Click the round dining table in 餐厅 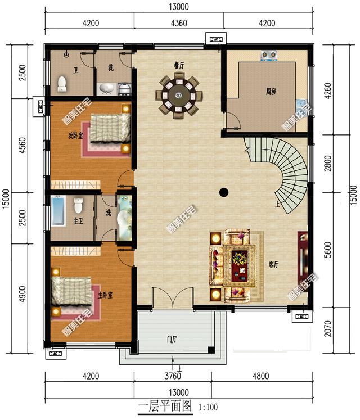click(x=179, y=96)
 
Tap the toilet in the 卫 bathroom click(x=62, y=84)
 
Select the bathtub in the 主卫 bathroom click(x=58, y=211)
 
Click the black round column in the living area click(x=224, y=192)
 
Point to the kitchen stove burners click(x=269, y=56)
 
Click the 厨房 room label click(x=271, y=92)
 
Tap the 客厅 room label click(x=273, y=265)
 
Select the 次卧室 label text click(x=75, y=136)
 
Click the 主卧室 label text click(x=105, y=295)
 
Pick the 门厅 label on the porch click(x=172, y=340)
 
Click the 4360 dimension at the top click(x=179, y=23)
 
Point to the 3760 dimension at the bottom click(x=173, y=376)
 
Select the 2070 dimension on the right click(x=327, y=329)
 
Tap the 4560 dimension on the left click(x=23, y=145)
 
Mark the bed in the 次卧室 click(x=110, y=128)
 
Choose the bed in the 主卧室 click(x=71, y=291)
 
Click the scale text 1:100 click(x=208, y=408)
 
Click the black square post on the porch click(x=211, y=350)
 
